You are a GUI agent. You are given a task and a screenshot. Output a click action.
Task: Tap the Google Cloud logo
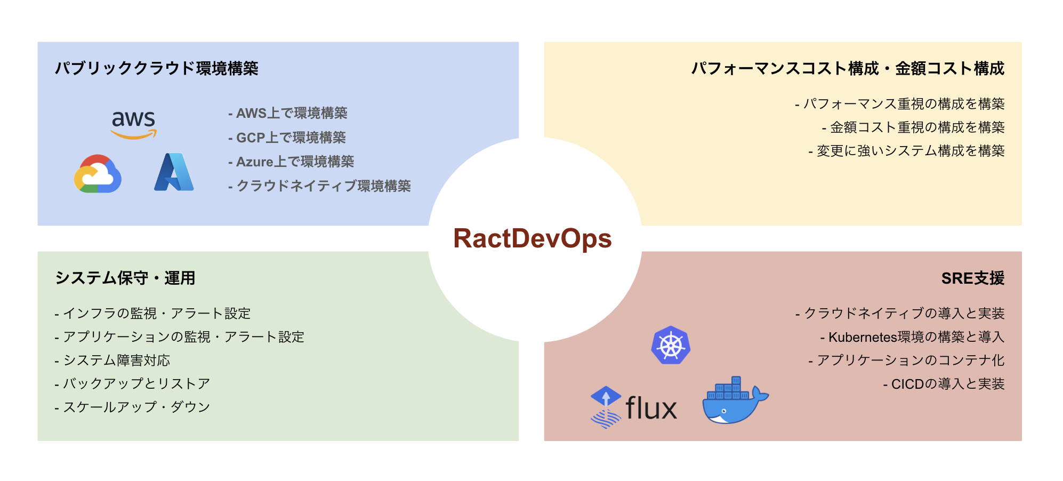coord(98,174)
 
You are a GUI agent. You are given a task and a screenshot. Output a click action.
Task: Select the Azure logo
coord(174,172)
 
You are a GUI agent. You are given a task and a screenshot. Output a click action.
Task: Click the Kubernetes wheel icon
coord(671,346)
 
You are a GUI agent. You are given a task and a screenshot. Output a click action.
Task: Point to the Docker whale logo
coord(734,401)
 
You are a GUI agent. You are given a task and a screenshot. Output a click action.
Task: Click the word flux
coord(651,408)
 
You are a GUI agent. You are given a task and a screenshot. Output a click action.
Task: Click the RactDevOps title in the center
coord(532,238)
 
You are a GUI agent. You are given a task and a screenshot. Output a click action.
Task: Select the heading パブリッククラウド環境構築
coord(157,68)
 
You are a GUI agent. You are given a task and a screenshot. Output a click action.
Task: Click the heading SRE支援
coord(972,278)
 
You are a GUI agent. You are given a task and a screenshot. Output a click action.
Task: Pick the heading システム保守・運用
coord(125,278)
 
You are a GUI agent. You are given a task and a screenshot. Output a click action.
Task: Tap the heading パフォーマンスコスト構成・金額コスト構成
coord(847,68)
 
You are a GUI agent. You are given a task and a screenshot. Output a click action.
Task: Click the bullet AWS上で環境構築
coord(288,113)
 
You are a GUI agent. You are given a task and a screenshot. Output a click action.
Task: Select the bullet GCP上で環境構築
coord(287,138)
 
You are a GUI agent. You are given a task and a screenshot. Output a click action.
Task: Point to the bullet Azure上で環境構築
coord(291,162)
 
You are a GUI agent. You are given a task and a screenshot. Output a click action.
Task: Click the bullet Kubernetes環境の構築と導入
coord(912,337)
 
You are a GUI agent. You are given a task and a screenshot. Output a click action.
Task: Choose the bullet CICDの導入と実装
coord(944,384)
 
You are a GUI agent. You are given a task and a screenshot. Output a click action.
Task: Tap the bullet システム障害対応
coord(112,360)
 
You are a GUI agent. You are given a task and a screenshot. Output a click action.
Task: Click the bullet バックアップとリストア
coord(132,384)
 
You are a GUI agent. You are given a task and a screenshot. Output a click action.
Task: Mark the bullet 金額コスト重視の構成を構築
coord(913,127)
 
